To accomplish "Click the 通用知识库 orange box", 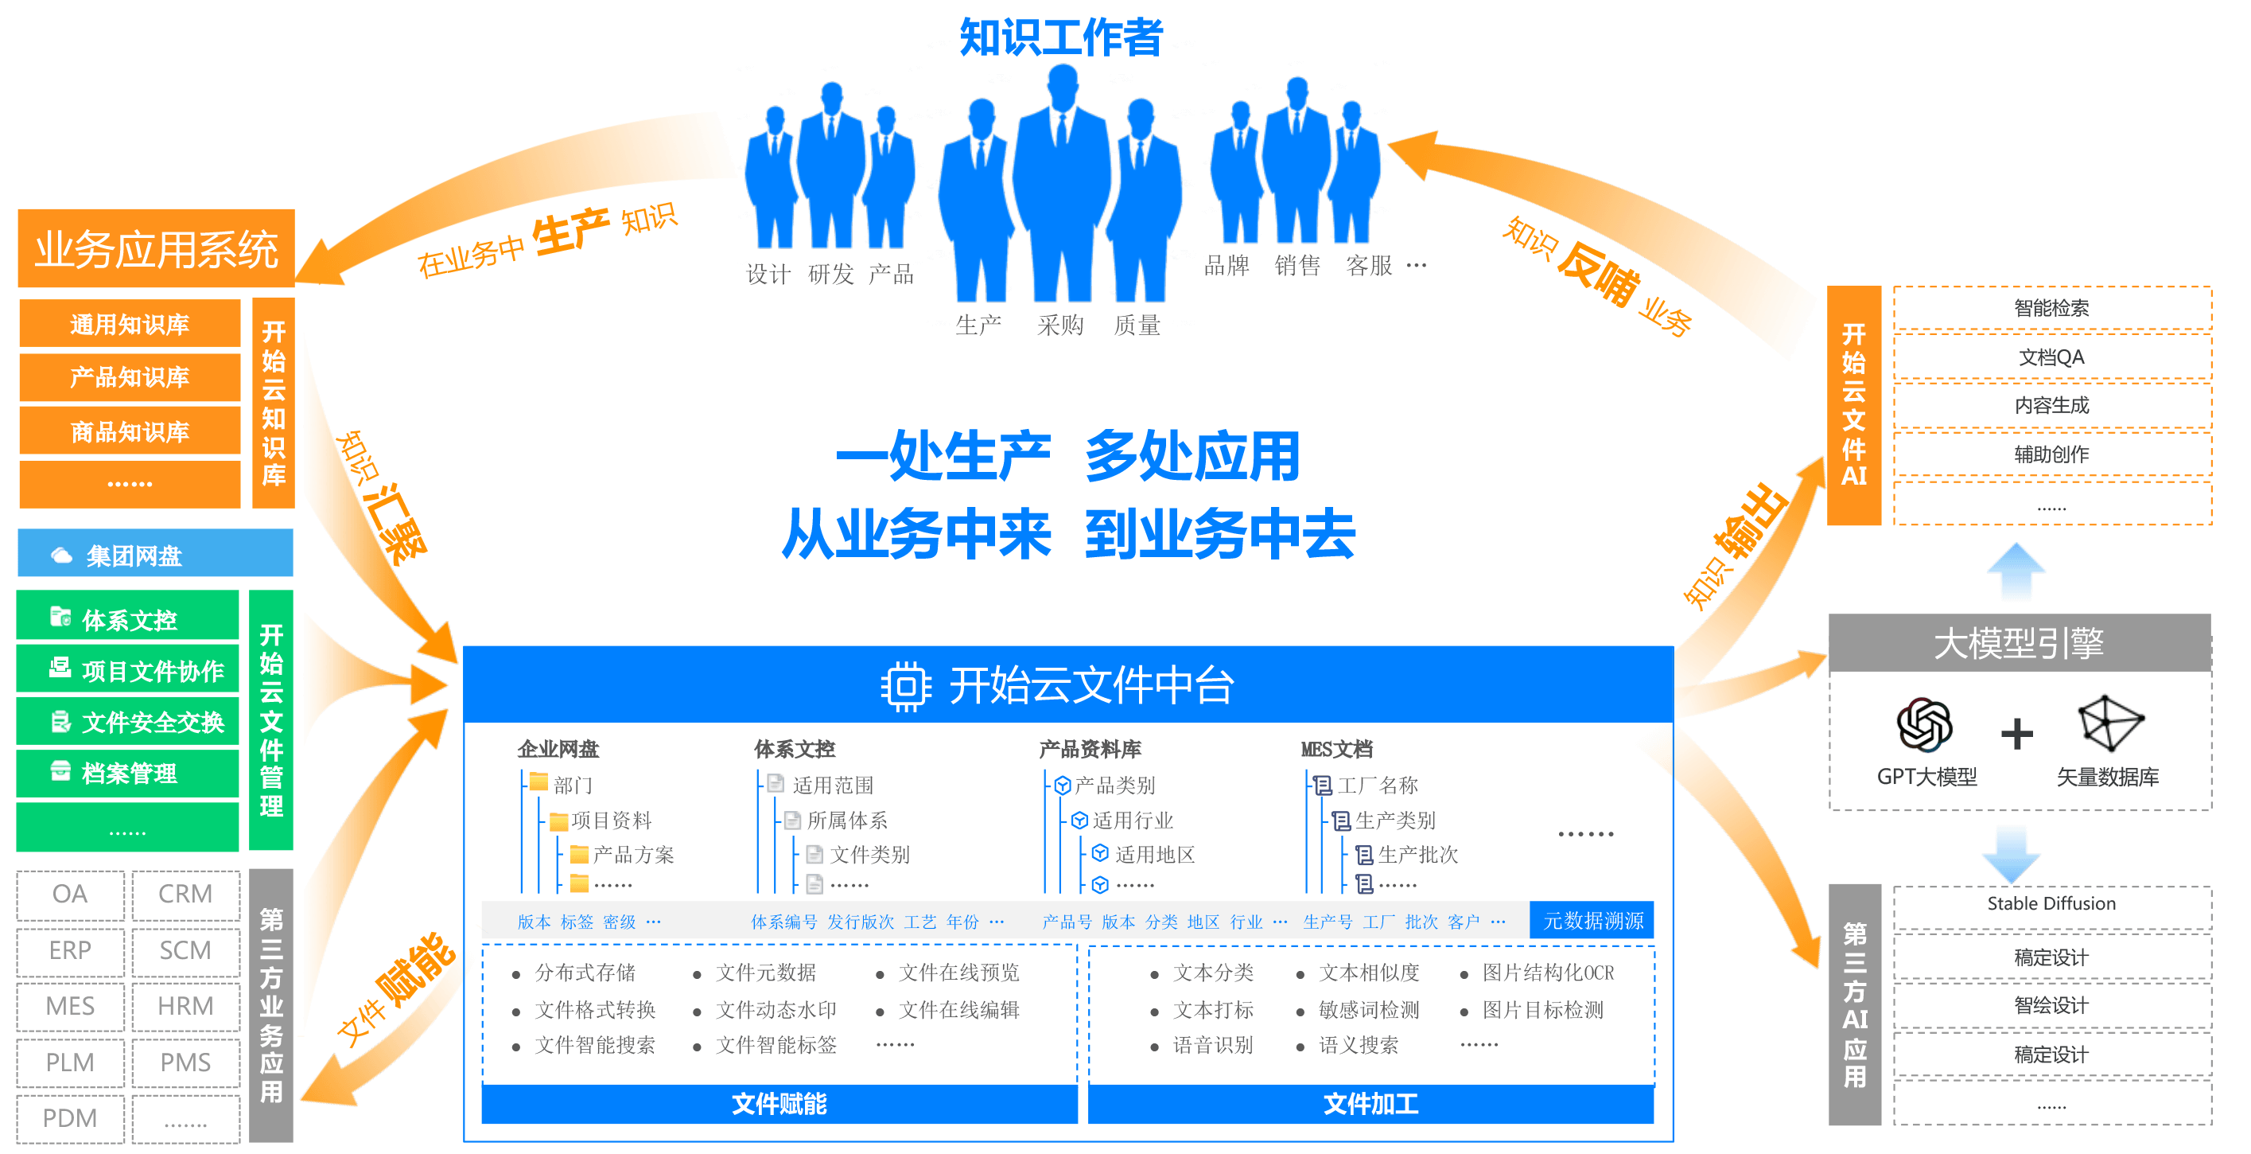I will click(130, 325).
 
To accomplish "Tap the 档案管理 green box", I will click(127, 773).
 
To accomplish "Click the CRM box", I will click(185, 895).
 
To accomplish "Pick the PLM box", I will click(70, 1062).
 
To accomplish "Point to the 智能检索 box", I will click(2051, 308).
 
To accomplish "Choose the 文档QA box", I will click(2051, 357).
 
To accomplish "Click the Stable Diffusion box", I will click(2051, 904).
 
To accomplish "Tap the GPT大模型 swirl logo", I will click(1924, 726).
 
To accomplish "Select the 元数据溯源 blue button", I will click(1592, 921).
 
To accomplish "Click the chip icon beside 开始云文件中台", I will click(905, 686).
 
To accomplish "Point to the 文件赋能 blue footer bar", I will click(779, 1104).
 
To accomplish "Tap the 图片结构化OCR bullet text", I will click(1548, 973).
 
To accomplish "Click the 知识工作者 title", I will click(1061, 37).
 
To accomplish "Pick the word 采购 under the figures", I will click(1060, 326).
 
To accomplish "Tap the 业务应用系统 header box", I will click(156, 250).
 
